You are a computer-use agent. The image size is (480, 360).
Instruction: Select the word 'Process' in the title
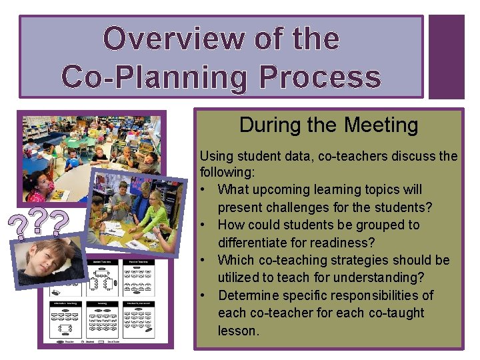coord(319,77)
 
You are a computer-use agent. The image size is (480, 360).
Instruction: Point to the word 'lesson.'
coord(238,331)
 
